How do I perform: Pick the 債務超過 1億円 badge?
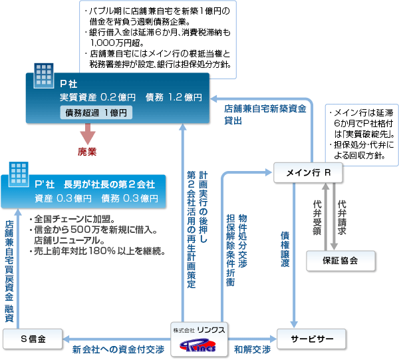[96, 112]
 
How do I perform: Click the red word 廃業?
[87, 152]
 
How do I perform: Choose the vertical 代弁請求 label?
[342, 216]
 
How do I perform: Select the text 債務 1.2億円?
[174, 97]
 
